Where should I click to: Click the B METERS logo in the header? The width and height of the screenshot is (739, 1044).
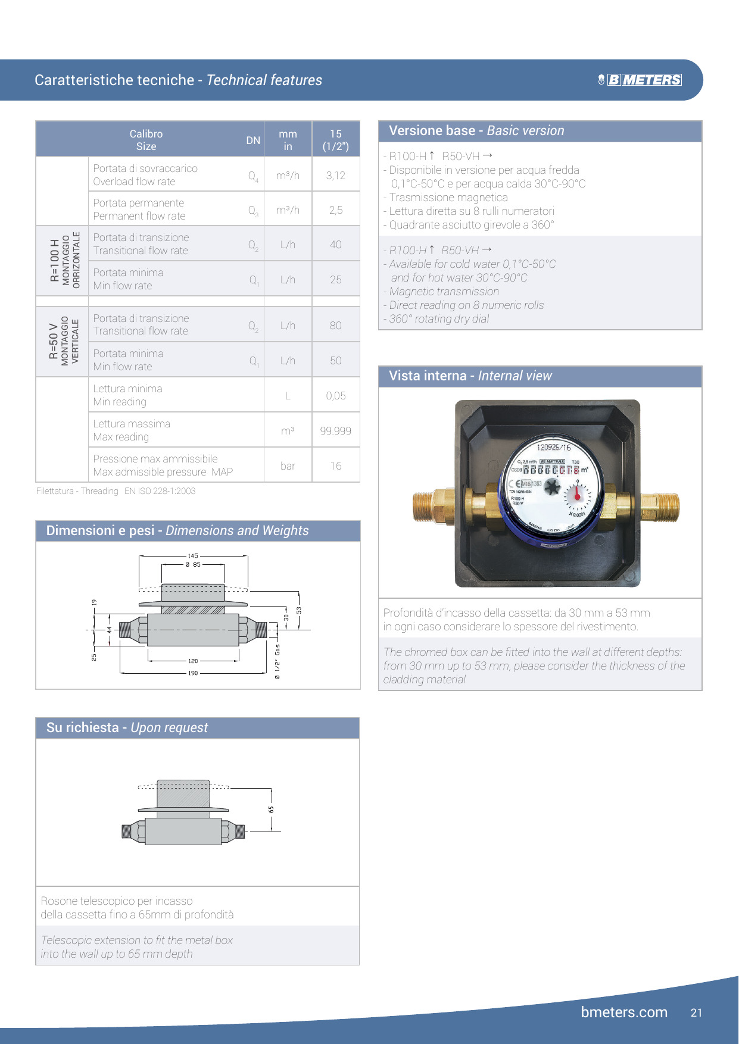tap(640, 80)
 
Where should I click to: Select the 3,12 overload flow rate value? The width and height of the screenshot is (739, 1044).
tap(336, 176)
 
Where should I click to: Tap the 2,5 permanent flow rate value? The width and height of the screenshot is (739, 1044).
tap(336, 210)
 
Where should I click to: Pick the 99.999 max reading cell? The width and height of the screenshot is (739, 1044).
tap(336, 430)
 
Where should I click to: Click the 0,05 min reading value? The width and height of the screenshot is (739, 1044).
tap(336, 396)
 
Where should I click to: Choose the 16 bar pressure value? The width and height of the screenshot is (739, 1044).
tap(336, 466)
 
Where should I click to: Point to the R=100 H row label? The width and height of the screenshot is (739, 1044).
tap(55, 261)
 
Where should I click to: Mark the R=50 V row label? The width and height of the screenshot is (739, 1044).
tap(54, 342)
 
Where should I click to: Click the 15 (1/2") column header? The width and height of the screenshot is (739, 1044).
tap(336, 140)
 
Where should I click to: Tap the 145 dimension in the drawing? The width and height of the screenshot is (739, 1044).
tap(193, 556)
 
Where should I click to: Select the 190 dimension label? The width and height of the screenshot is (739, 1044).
tap(193, 673)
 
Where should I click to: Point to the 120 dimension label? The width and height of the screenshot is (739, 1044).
tap(193, 661)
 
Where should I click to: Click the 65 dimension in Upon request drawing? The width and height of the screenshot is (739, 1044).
tap(272, 809)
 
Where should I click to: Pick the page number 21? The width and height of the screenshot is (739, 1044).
tap(697, 1012)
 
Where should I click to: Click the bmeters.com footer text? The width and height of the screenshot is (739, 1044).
tap(624, 1012)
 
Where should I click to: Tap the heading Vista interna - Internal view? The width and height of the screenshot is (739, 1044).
tap(470, 376)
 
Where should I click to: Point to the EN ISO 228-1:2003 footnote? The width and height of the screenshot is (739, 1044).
tap(160, 491)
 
